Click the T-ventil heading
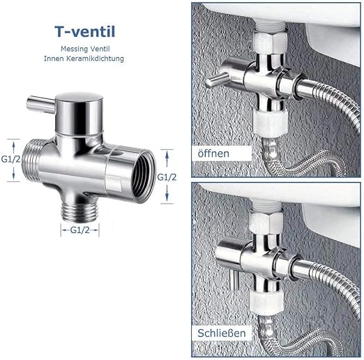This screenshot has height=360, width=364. pos(85,31)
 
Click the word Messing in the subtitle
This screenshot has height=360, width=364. pos(71,49)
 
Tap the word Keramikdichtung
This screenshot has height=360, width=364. pos(95,59)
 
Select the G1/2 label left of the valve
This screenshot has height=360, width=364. pos(10,159)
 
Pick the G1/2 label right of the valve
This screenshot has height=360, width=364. pos(167,177)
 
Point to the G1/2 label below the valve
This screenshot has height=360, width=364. pos(79,230)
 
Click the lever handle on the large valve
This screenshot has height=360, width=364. pos(40,105)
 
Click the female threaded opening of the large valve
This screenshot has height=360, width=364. pos(142,177)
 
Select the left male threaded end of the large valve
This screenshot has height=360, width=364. pos(31,160)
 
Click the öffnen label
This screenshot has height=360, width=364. pos(213,153)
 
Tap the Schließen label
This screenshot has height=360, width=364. pos(222,333)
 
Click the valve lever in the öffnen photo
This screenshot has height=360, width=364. pos(216,80)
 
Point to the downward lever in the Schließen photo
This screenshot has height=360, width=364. pos(234,280)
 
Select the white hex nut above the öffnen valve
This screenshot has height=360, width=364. pos(271,42)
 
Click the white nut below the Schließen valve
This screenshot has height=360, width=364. pos(266,302)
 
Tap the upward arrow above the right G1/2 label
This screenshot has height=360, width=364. pos(167,159)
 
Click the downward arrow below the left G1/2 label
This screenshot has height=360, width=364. pos(13,173)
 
